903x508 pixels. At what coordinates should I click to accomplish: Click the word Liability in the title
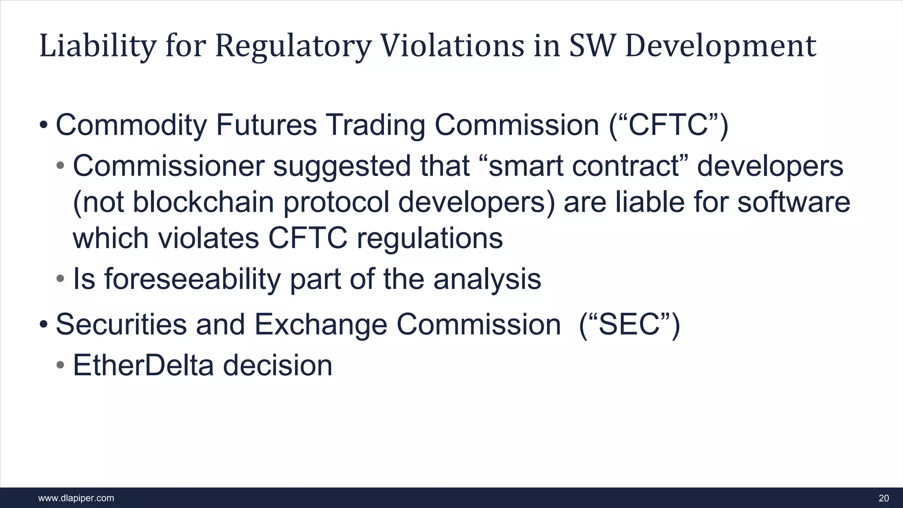click(97, 46)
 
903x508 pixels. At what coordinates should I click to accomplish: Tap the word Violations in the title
click(452, 46)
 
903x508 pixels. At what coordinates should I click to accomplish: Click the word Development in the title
click(720, 46)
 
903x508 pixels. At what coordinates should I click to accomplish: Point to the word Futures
click(266, 125)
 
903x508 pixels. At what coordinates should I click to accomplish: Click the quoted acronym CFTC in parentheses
click(668, 125)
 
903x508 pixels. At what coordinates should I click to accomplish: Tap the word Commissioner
click(168, 166)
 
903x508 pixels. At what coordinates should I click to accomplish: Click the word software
click(793, 202)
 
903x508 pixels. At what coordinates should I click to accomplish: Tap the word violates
click(208, 239)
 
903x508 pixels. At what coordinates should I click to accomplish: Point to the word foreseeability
click(192, 279)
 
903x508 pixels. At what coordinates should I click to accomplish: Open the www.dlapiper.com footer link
click(76, 498)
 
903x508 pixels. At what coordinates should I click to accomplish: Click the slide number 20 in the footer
click(884, 498)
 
